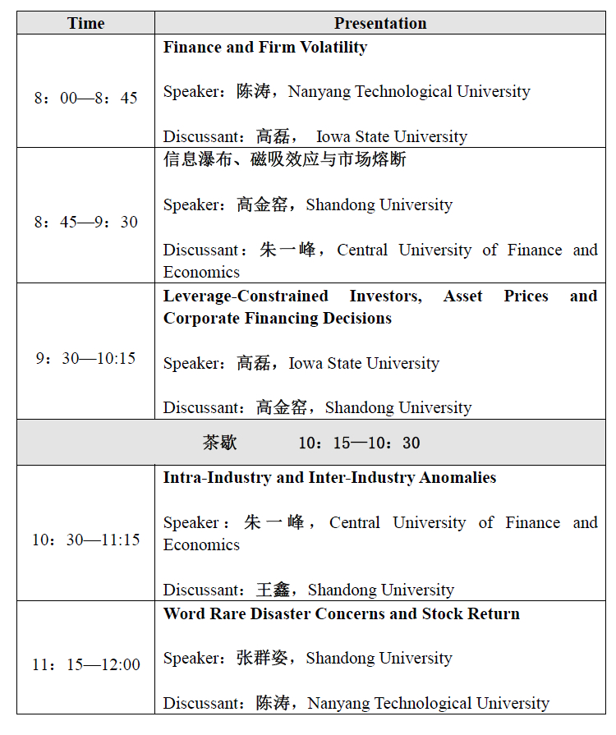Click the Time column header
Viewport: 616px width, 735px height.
(x=85, y=23)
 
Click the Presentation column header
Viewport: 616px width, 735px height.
(x=380, y=23)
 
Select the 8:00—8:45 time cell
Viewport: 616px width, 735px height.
(x=85, y=99)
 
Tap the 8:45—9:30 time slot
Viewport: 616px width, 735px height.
(x=85, y=223)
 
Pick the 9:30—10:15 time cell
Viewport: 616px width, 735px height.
(x=85, y=359)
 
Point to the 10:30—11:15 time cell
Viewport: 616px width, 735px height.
(x=85, y=540)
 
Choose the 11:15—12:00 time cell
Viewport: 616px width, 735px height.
(x=85, y=665)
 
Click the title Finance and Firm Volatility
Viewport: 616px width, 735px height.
(x=264, y=48)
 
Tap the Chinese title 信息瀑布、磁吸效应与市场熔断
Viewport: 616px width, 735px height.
(x=284, y=159)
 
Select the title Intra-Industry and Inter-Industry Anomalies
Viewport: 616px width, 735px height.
(x=329, y=478)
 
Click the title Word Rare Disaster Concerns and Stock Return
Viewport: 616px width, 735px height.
(x=341, y=614)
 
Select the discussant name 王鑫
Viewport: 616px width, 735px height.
(x=274, y=590)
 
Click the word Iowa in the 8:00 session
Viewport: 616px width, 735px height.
(x=334, y=137)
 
